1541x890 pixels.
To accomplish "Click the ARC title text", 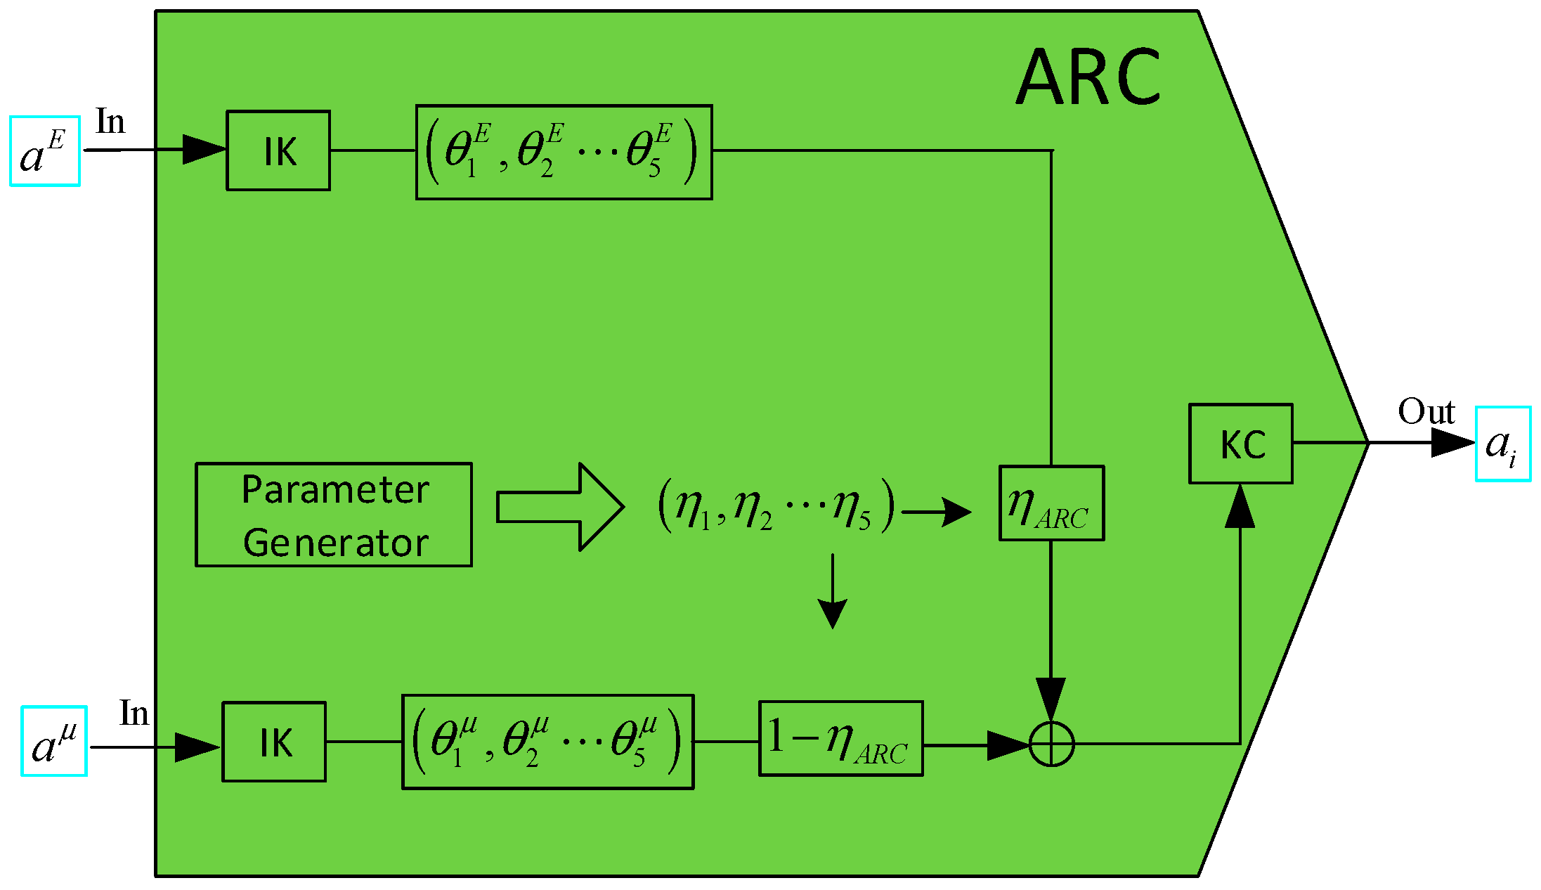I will (x=1088, y=77).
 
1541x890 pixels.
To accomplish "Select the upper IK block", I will (x=278, y=150).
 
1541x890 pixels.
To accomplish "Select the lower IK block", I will (x=274, y=742).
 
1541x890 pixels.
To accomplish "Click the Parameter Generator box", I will (x=334, y=515).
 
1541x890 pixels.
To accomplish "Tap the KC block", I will (x=1241, y=444).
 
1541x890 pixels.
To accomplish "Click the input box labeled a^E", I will (x=45, y=151).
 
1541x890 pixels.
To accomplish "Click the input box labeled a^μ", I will (x=54, y=741).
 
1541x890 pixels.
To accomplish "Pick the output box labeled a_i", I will (x=1502, y=444).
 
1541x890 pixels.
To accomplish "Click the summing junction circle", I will (x=1051, y=744).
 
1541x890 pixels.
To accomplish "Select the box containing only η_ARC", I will (x=1051, y=503).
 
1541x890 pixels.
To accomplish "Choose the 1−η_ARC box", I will (x=840, y=738).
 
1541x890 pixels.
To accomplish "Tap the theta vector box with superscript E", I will (x=564, y=153).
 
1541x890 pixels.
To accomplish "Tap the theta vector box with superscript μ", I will (x=547, y=742).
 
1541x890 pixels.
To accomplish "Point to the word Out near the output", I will (x=1426, y=411).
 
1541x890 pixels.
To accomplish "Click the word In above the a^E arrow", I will (x=110, y=122).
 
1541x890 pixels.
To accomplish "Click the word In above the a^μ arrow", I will (x=134, y=713).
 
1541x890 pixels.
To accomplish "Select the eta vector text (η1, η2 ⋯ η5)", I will (x=776, y=505).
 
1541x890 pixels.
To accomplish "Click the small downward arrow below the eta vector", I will (x=833, y=594).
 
